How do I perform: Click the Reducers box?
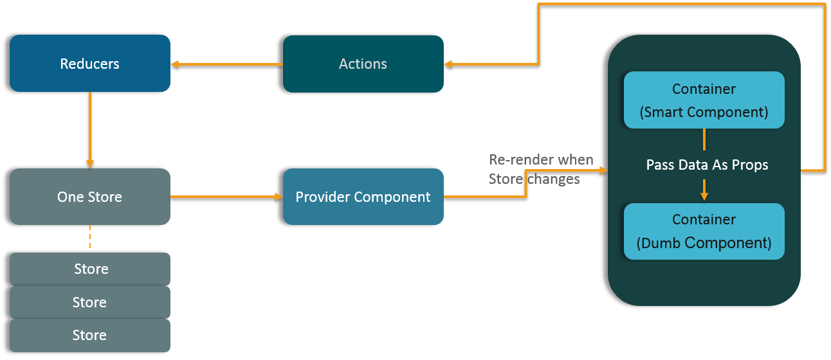(90, 64)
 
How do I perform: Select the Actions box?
(363, 64)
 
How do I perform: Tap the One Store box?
(90, 197)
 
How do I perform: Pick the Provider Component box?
(363, 197)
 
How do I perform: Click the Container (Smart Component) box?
(704, 100)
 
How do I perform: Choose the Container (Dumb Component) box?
(704, 231)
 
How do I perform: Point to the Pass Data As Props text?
(707, 165)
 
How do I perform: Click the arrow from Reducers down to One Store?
(90, 129)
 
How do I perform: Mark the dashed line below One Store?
(90, 238)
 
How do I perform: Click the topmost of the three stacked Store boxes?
(90, 269)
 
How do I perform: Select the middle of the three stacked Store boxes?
(90, 302)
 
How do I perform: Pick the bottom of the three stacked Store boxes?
(90, 335)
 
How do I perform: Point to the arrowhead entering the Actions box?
(448, 64)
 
